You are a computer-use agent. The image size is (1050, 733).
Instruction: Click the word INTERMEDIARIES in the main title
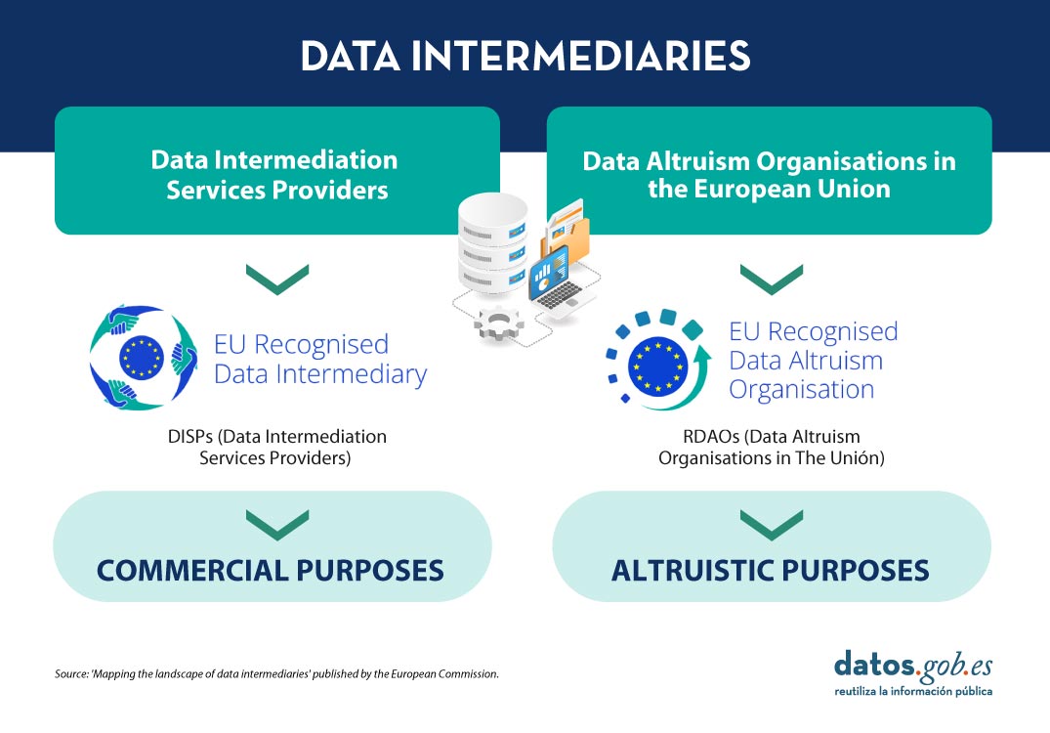pyautogui.click(x=580, y=56)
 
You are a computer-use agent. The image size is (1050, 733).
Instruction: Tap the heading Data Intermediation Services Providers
pyautogui.click(x=275, y=175)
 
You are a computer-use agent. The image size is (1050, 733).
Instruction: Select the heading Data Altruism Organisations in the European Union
pyautogui.click(x=770, y=175)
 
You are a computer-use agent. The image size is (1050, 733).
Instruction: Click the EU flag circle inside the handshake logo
pyautogui.click(x=142, y=357)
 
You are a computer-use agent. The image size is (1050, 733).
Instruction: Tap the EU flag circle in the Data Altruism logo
pyautogui.click(x=658, y=366)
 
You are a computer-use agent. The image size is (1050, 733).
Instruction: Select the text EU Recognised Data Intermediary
pyautogui.click(x=320, y=359)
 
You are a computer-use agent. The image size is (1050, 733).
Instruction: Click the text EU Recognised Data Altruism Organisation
pyautogui.click(x=813, y=361)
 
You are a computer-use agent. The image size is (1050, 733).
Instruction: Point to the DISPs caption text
pyautogui.click(x=276, y=447)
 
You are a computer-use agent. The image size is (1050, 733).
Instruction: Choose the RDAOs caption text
pyautogui.click(x=772, y=447)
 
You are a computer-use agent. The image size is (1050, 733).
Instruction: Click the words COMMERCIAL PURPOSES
pyautogui.click(x=271, y=571)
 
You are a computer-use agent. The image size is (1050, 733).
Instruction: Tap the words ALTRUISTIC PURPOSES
pyautogui.click(x=770, y=571)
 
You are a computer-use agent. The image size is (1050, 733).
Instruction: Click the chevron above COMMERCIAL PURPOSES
pyautogui.click(x=277, y=525)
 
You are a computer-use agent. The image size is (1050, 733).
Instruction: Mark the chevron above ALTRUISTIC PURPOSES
pyautogui.click(x=772, y=525)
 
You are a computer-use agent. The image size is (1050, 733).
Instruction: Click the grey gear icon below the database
pyautogui.click(x=499, y=324)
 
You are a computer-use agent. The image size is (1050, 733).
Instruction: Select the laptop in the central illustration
pyautogui.click(x=557, y=282)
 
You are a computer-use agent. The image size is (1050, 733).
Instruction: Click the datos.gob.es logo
pyautogui.click(x=913, y=673)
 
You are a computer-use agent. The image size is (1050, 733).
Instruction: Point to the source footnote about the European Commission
pyautogui.click(x=276, y=674)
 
